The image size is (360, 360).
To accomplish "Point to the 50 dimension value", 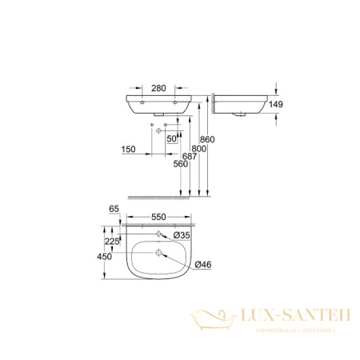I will coord(170,138).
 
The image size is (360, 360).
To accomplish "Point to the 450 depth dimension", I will coord(104,258).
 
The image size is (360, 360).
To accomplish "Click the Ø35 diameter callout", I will coord(182,235).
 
